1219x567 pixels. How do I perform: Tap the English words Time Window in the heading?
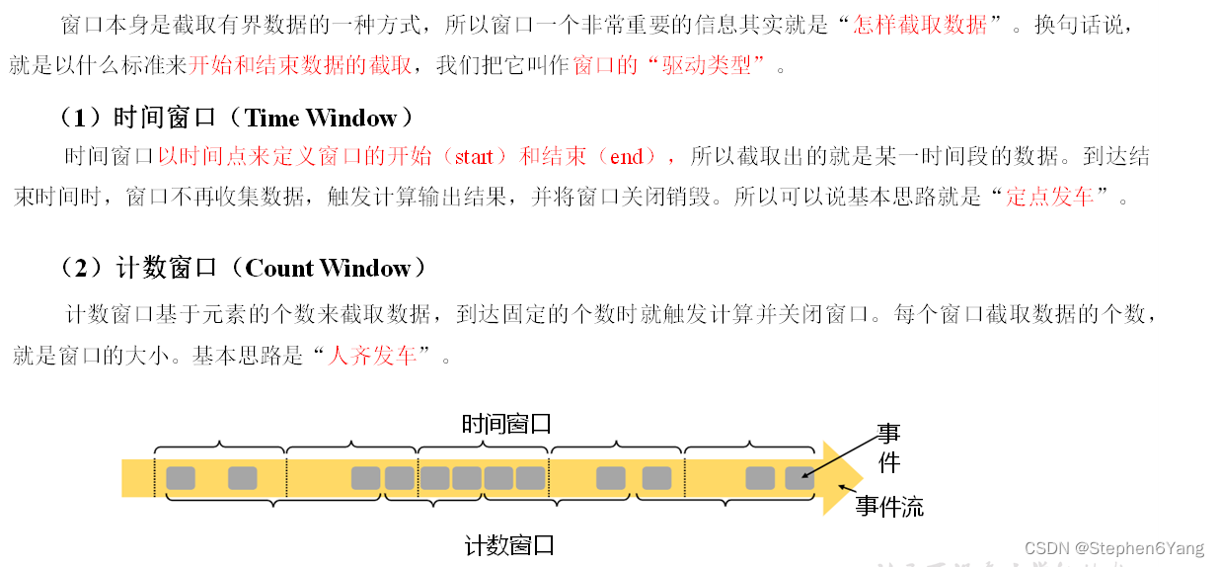[x=321, y=119]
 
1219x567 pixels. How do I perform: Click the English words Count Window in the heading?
[x=328, y=269]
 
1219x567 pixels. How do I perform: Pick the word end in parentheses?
[x=627, y=157]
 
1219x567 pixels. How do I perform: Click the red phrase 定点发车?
[x=1050, y=196]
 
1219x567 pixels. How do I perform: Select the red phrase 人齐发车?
[x=372, y=356]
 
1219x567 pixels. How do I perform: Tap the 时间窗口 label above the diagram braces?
[x=506, y=425]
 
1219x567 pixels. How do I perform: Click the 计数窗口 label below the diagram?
[x=509, y=545]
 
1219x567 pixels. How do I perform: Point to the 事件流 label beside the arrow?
[x=889, y=507]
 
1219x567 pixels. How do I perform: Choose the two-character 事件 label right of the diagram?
[x=889, y=447]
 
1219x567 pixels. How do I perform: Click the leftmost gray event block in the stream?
[x=181, y=478]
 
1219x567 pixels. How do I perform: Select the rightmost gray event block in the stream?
[x=799, y=478]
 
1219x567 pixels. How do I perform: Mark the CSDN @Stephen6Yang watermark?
[x=1114, y=548]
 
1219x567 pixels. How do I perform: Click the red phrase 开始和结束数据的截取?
[x=300, y=67]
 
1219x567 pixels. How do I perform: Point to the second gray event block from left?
[x=242, y=478]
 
